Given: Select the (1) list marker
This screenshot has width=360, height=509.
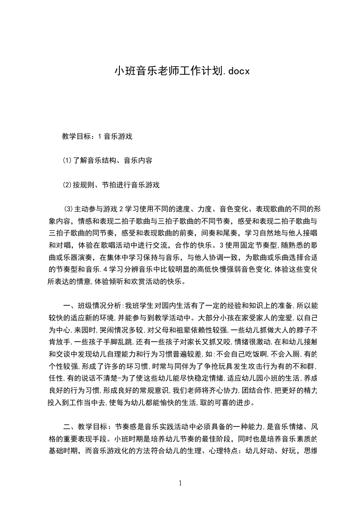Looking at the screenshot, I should coord(67,160).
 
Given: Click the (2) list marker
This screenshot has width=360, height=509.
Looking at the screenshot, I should coord(67,185).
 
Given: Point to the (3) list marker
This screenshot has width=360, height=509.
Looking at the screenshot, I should coord(69,209).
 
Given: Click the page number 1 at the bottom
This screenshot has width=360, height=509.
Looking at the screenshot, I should coord(180,483).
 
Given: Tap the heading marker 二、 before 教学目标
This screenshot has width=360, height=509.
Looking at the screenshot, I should coord(69,427).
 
